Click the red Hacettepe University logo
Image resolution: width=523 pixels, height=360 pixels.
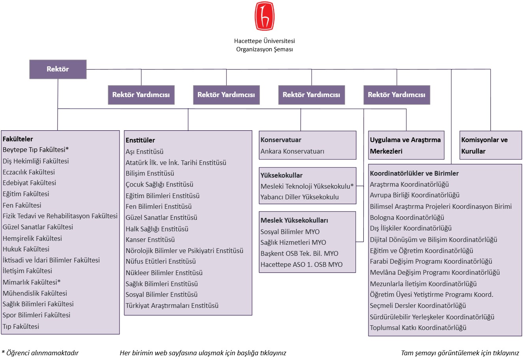pos(264,16)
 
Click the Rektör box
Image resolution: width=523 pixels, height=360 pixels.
pos(58,69)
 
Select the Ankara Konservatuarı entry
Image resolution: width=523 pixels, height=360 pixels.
pos(292,152)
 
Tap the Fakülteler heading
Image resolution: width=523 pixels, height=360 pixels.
pos(18,139)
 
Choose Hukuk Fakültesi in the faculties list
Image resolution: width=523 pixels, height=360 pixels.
pos(26,249)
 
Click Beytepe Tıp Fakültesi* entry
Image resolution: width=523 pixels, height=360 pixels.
pos(35,150)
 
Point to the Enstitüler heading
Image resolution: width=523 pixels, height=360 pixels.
pos(140,140)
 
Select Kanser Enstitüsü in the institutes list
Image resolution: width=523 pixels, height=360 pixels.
pos(150,240)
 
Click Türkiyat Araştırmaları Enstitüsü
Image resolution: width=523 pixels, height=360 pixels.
pos(172,306)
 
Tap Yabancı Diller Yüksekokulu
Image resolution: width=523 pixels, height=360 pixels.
pos(299,197)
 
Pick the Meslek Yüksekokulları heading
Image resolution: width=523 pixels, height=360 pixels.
pos(294,220)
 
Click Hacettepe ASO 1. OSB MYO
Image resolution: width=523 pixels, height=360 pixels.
pos(301,264)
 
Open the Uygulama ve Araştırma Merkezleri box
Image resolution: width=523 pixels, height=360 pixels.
pos(406,145)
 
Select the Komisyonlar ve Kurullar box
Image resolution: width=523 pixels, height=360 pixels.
pos(491,145)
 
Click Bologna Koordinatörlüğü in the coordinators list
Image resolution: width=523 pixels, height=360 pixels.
pos(407,217)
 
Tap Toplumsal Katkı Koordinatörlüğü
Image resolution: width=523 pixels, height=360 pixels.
pos(418,328)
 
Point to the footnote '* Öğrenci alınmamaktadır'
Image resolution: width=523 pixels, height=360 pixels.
pos(40,353)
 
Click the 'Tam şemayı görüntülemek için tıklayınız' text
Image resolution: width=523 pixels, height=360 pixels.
pos(460,353)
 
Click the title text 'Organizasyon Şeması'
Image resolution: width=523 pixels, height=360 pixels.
pos(264,49)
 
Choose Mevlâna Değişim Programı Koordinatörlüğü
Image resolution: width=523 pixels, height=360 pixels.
pos(435,272)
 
